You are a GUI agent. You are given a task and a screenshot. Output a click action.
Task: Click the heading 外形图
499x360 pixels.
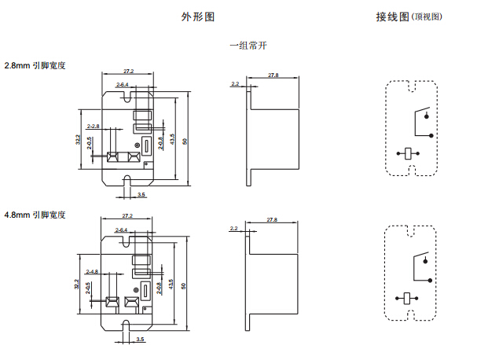(198, 17)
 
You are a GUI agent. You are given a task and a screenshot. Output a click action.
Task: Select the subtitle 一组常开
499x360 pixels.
(248, 46)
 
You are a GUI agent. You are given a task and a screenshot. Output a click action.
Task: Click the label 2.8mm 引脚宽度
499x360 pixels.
(35, 65)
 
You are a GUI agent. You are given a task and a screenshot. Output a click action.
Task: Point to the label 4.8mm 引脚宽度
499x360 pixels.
(35, 214)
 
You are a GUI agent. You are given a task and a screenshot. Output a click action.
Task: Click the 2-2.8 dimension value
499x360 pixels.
(93, 126)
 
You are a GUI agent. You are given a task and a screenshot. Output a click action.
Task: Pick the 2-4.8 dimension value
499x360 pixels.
(93, 271)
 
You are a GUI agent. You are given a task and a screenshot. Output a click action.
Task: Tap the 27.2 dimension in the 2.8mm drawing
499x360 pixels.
(128, 72)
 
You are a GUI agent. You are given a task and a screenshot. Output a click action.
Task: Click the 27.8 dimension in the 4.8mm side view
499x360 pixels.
(273, 219)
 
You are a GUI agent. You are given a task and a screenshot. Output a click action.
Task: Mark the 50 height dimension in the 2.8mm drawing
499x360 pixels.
(183, 141)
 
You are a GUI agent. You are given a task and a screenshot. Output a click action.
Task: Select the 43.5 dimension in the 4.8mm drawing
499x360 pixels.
(171, 286)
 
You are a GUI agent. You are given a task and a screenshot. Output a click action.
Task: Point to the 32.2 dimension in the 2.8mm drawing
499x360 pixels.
(78, 140)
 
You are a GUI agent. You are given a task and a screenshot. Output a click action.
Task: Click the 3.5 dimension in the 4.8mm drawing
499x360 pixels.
(141, 339)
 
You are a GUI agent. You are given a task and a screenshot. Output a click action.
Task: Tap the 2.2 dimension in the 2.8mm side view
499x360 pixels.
(234, 83)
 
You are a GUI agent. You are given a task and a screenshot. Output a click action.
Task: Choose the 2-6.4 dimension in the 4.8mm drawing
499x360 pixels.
(123, 230)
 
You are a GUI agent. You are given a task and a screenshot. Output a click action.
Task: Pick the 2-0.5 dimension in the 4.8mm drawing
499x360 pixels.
(89, 288)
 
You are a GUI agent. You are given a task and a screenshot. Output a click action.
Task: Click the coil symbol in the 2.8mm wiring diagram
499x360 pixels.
(408, 153)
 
